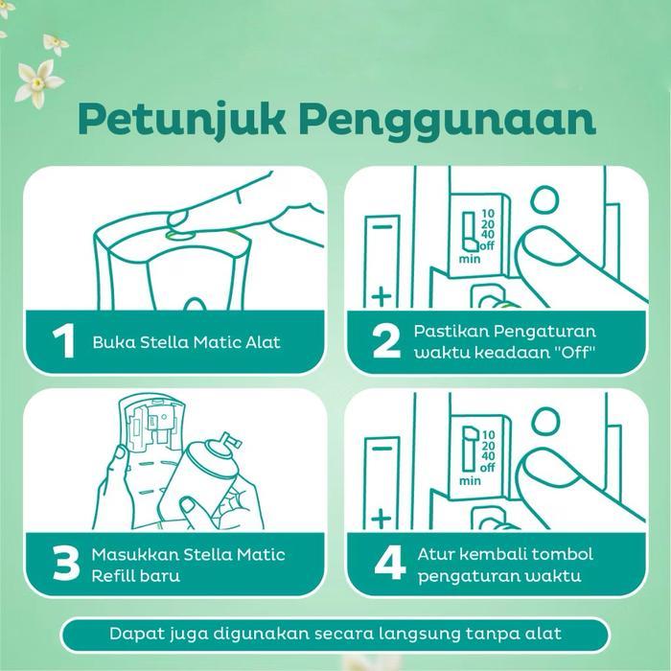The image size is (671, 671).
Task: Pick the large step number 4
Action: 386,565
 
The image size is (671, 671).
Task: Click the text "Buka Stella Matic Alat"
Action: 187,342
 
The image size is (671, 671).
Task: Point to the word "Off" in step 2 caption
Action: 573,352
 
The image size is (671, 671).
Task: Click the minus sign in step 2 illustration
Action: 382,228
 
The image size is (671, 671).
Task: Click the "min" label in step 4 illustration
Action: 470,479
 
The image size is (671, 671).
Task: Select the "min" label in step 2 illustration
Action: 470,258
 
